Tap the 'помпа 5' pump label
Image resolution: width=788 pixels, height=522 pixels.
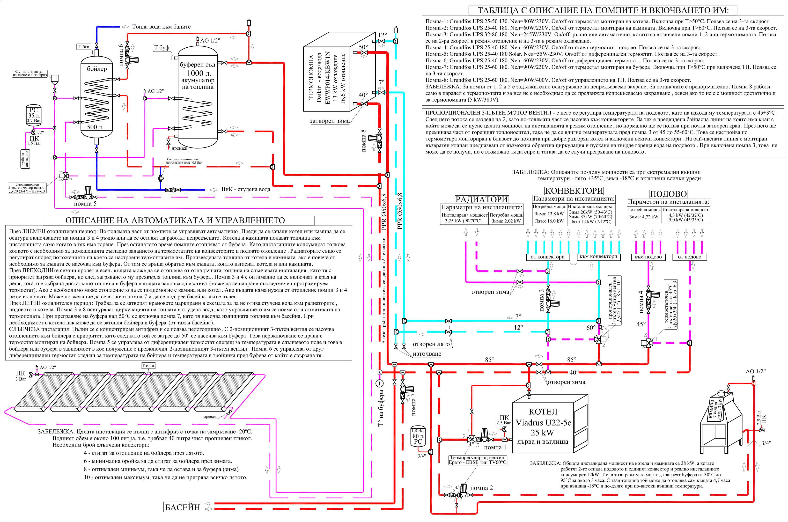[x=85, y=203]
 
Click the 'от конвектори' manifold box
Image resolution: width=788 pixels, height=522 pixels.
[x=547, y=257]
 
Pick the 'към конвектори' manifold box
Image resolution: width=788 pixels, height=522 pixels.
[x=598, y=257]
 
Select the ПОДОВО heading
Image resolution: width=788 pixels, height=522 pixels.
[x=668, y=194]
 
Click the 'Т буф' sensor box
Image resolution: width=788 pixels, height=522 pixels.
[x=162, y=48]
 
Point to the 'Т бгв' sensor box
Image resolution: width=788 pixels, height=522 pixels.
[x=84, y=47]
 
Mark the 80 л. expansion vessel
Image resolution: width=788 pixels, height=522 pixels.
[x=418, y=436]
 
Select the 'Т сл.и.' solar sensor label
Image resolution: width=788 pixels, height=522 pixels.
[x=148, y=366]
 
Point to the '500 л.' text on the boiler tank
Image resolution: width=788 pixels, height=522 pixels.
[x=95, y=127]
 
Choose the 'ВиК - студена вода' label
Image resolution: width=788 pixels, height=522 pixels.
[x=246, y=189]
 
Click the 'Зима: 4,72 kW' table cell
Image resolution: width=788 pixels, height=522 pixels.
[x=644, y=217]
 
